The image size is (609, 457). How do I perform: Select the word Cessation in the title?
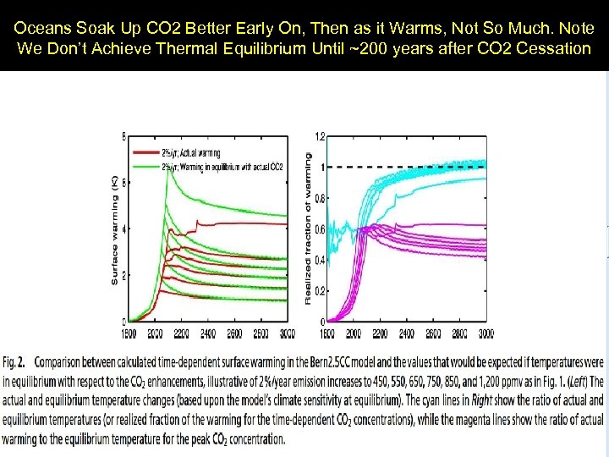[557, 48]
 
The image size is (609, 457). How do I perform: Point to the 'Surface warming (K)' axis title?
[115, 229]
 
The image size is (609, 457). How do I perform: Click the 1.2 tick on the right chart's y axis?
[320, 136]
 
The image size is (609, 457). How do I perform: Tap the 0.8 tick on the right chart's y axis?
[320, 198]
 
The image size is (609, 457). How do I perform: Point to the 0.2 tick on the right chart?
[320, 290]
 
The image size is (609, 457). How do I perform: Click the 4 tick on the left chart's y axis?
[125, 228]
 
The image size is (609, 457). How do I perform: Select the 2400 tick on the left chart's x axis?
[205, 333]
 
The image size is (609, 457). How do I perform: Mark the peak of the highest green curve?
[166, 173]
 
